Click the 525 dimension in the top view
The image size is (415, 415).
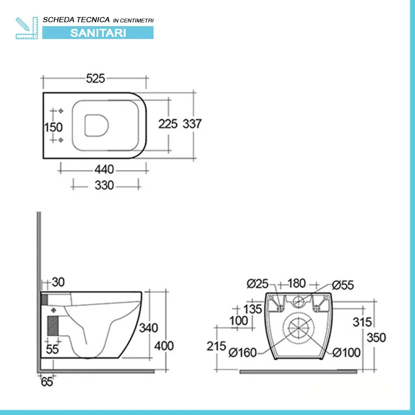point(95,78)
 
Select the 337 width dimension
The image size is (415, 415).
point(192,123)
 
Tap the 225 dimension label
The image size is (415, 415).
point(168,123)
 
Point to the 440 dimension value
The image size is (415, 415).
point(104,169)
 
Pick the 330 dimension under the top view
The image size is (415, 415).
point(104,185)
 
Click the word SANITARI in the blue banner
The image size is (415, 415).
point(98,33)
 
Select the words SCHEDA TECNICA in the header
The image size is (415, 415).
point(77,20)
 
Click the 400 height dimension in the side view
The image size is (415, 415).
point(164,345)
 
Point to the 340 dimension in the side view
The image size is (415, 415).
point(148,328)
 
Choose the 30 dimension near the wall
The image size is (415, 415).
point(59,282)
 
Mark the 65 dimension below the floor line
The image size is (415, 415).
point(47,382)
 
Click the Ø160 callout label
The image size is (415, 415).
point(243,353)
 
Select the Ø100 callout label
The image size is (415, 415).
point(347,353)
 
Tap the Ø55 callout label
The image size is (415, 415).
point(343,285)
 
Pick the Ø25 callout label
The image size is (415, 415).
point(257,284)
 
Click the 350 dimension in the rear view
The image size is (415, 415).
point(376,337)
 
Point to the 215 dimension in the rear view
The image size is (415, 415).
point(216,346)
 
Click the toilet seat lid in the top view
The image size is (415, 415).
point(97,124)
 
